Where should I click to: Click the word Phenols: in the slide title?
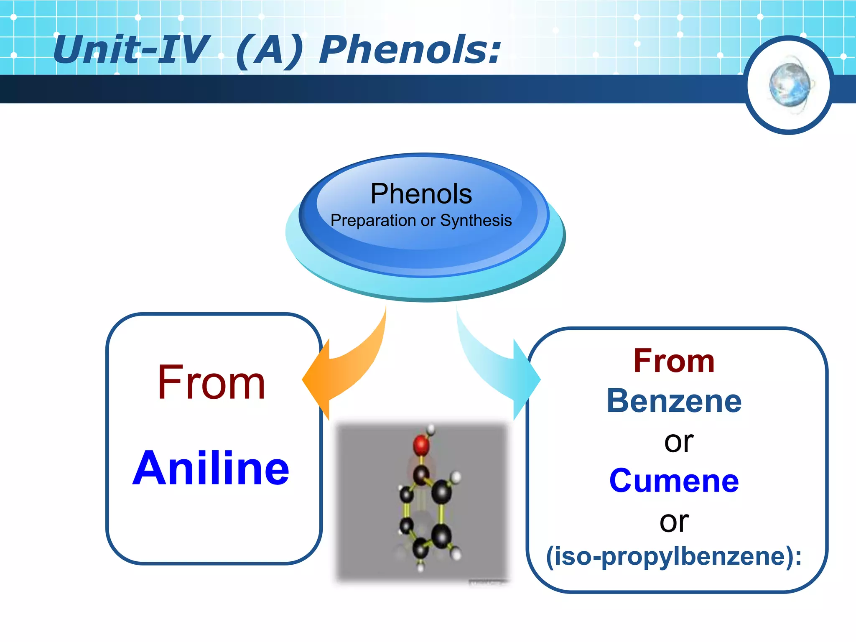[x=410, y=50]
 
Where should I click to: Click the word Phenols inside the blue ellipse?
[x=421, y=194]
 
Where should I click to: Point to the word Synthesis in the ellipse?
[x=476, y=220]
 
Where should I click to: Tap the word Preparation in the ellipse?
[x=373, y=221]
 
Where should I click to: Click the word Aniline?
[x=211, y=468]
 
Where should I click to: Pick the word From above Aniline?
[x=211, y=382]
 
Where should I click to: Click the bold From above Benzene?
[x=674, y=361]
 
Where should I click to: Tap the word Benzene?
[x=674, y=401]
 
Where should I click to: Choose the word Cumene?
[x=674, y=481]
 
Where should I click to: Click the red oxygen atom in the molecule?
[x=421, y=446]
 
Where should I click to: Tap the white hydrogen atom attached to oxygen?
[x=431, y=429]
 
